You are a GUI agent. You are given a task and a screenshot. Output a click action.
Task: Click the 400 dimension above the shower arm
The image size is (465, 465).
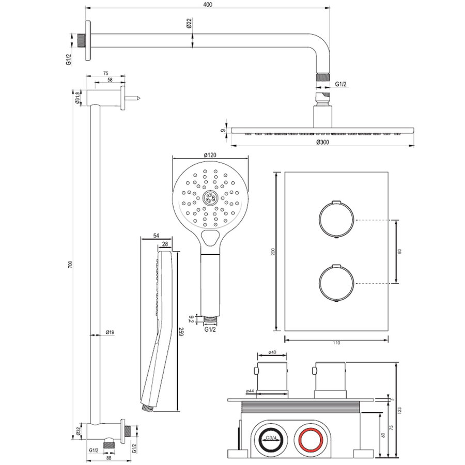point(208,5)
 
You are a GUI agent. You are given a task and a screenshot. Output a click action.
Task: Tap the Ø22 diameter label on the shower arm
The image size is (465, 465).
point(189,23)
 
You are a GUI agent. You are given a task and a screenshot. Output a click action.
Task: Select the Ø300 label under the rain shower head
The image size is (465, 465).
point(322,142)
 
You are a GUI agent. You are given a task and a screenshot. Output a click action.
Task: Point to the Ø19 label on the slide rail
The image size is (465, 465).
point(110,332)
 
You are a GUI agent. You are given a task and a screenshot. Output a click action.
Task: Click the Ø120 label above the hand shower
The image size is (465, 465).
point(209,154)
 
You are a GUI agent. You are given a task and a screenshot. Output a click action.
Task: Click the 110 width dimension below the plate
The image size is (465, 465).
point(336,343)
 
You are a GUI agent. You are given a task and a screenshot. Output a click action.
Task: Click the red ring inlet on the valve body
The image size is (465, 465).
point(312,440)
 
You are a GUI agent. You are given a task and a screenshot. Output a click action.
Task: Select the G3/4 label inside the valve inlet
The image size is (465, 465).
point(270,438)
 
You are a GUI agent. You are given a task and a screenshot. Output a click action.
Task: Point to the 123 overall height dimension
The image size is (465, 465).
point(401,410)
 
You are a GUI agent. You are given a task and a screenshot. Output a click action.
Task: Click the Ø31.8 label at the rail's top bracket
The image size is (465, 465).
point(77,97)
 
